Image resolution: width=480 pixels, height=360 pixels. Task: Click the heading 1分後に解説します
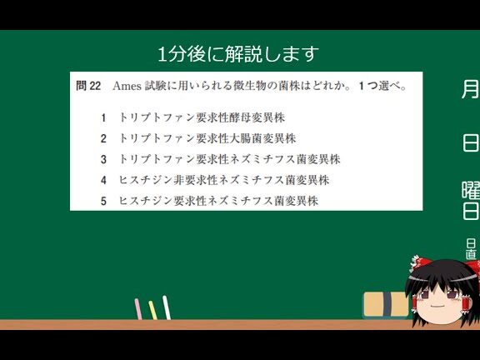click(238, 54)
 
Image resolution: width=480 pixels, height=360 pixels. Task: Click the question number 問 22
click(88, 86)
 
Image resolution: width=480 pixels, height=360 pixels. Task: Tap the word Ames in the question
click(127, 86)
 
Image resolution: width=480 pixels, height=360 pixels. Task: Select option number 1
click(103, 117)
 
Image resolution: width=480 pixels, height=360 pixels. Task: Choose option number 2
click(103, 138)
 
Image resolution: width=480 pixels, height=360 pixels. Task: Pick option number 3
click(103, 159)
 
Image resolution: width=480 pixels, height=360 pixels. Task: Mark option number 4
click(103, 180)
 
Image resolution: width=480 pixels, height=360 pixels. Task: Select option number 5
click(103, 201)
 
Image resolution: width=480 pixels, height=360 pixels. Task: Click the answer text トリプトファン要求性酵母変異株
click(202, 117)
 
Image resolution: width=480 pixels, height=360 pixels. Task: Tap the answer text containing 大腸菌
click(207, 138)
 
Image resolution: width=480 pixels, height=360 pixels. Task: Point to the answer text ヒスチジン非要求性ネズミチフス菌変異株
click(224, 180)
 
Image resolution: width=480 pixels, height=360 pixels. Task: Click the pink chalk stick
click(138, 309)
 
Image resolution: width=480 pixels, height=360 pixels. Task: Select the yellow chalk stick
click(152, 310)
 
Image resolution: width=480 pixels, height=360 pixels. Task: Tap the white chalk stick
click(167, 307)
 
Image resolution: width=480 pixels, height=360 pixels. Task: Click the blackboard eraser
click(386, 305)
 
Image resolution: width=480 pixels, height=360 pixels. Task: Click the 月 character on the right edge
click(470, 89)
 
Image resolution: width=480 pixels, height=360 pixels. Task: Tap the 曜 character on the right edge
click(471, 190)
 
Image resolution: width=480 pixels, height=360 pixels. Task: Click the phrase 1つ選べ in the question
click(382, 86)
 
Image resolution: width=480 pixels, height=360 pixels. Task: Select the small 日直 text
click(471, 249)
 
